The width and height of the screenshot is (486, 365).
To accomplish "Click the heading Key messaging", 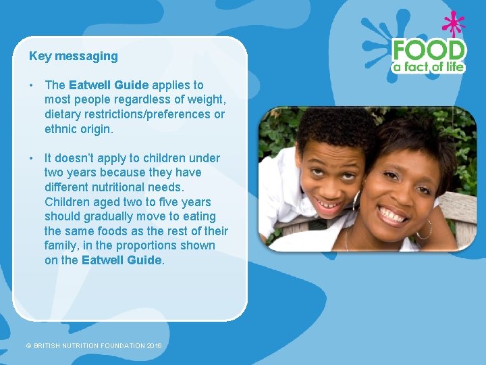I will (x=74, y=56).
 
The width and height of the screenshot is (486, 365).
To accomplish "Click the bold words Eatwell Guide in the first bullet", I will (x=109, y=85).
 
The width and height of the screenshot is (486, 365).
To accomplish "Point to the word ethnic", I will (x=61, y=128).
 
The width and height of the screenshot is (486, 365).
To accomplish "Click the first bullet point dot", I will (x=32, y=85).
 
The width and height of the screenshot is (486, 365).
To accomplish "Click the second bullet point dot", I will (x=32, y=158).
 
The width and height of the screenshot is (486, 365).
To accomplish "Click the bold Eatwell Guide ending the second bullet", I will (x=122, y=260).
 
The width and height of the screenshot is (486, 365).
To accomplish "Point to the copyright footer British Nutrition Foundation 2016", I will (x=94, y=346).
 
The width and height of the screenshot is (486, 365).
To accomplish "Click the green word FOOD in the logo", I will (x=429, y=50).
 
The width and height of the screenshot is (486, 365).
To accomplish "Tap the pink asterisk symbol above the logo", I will (x=454, y=25).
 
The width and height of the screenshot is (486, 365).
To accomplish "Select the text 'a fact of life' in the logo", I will (x=429, y=67).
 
